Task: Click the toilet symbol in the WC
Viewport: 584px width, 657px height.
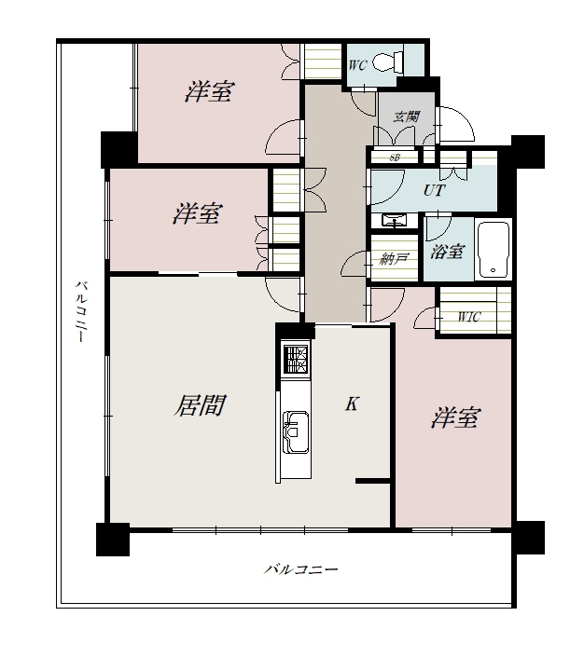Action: tap(388, 62)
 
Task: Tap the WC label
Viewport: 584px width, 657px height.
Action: tap(357, 65)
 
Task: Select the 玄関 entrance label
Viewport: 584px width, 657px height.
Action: tap(407, 116)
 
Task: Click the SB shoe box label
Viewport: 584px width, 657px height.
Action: tap(395, 157)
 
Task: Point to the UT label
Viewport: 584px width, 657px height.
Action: tap(434, 191)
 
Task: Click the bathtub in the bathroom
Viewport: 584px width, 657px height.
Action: tap(494, 250)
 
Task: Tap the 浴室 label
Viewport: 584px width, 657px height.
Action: tap(447, 252)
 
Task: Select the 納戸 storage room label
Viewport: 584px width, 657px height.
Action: tap(394, 259)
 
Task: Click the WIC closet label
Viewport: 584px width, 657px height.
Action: tap(467, 317)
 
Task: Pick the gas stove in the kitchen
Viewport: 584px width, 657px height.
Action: tap(296, 359)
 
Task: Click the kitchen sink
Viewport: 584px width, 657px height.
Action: tap(296, 432)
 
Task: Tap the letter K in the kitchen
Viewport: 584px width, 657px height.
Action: tap(352, 404)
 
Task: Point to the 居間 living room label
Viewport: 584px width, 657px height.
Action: tap(200, 405)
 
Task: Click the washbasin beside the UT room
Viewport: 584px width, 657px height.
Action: tap(395, 220)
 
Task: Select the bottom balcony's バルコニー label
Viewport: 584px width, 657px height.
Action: tap(300, 569)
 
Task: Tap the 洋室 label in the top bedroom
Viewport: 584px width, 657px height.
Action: tap(209, 91)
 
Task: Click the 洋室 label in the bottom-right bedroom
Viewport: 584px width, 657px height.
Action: tap(455, 418)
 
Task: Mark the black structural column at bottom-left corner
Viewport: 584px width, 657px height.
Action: tap(113, 540)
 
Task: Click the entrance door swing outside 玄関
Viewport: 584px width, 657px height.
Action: tap(457, 125)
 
